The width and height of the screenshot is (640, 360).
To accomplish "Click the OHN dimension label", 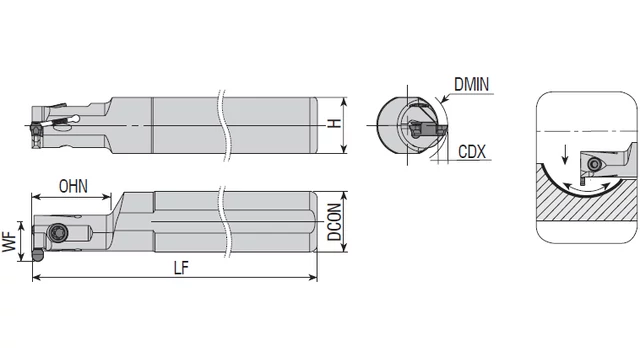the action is click(x=73, y=186).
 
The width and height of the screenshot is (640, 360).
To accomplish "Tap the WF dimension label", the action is click(x=9, y=242).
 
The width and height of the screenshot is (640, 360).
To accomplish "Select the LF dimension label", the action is click(x=181, y=268).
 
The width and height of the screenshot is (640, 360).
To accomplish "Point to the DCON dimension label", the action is click(x=334, y=222).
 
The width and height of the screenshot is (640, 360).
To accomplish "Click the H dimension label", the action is click(x=335, y=123).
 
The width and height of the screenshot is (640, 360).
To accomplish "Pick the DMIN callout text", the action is click(x=471, y=84).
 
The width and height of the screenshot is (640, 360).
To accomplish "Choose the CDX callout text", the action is click(x=472, y=152).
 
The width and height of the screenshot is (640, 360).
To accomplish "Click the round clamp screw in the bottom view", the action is click(x=58, y=233).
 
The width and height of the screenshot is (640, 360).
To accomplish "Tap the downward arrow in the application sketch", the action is click(x=565, y=154).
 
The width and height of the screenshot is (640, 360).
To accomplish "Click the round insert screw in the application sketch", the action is click(x=594, y=164).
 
